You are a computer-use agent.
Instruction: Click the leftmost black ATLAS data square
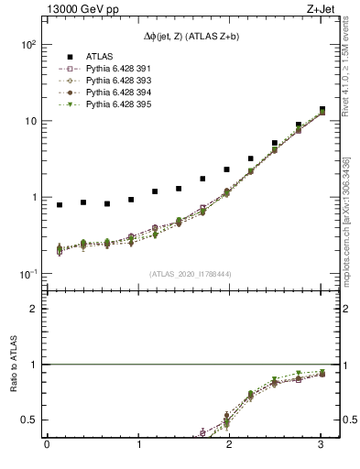click(x=60, y=205)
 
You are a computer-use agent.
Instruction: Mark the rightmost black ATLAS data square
click(x=322, y=110)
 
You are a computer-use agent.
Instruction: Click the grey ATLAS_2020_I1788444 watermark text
click(x=191, y=273)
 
